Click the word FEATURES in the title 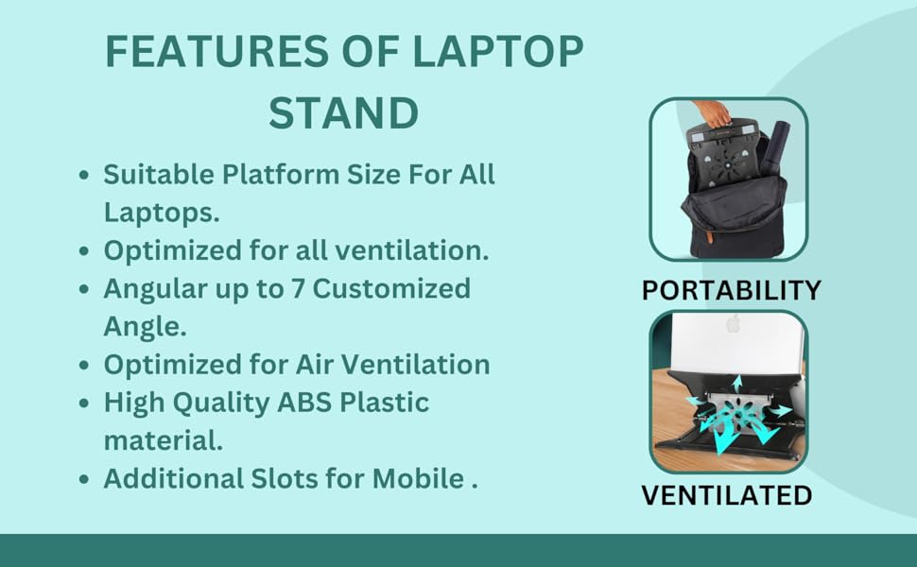point(216,51)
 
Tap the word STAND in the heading point(344,112)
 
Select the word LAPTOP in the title point(498,51)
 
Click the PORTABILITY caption point(731,290)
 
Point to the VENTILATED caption point(727,495)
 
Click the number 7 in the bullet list point(298,288)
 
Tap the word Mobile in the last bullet point(418,478)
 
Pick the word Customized point(391,288)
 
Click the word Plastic point(384,403)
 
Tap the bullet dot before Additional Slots point(84,479)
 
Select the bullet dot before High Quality point(84,404)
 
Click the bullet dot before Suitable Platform point(84,175)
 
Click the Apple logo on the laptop point(733,323)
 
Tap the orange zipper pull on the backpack point(709,236)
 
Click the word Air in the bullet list point(315,364)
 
